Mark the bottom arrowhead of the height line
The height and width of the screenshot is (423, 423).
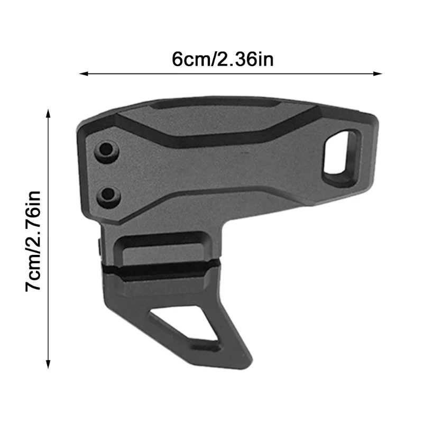pyautogui.click(x=49, y=364)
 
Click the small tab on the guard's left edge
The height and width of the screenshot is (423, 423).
pyautogui.click(x=100, y=246)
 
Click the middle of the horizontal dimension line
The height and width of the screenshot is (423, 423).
pyautogui.click(x=231, y=74)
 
